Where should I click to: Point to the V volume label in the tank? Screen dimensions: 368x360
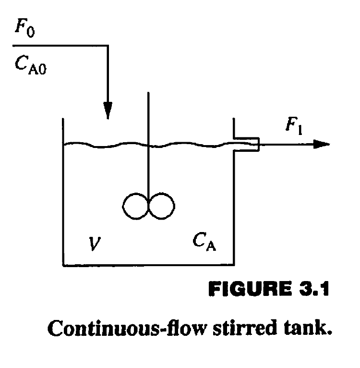[x=94, y=245]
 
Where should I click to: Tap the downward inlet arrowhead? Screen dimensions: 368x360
[x=108, y=111]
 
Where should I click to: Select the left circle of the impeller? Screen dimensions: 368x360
[x=136, y=207]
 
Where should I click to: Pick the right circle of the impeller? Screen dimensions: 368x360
[x=162, y=207]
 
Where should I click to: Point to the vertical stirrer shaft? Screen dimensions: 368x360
[x=148, y=144]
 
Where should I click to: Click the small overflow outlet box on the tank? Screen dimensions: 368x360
[x=247, y=144]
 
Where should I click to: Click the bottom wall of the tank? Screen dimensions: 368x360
[x=149, y=264]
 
